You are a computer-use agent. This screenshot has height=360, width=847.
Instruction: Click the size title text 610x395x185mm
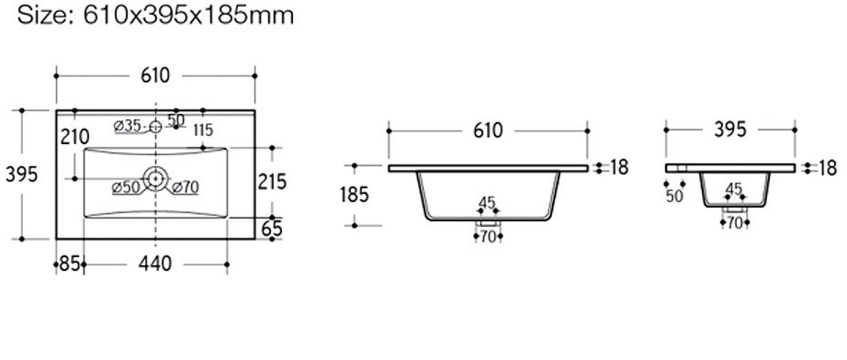pos(189,15)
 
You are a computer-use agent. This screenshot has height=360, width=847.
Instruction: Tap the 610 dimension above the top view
pos(155,76)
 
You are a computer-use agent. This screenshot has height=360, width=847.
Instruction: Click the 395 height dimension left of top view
pos(21,174)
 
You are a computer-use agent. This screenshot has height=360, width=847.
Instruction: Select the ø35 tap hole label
pos(128,127)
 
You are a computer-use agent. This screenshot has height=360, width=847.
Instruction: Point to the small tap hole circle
pos(155,127)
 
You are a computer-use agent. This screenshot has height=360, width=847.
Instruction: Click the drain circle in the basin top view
pos(155,178)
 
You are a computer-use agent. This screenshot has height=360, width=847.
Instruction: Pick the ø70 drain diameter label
pos(186,187)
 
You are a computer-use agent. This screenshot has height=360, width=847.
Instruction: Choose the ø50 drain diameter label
pos(126,188)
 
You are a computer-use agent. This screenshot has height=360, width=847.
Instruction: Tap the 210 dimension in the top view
pos(74,137)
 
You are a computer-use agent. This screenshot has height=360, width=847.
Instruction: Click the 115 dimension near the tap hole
pos(202,130)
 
